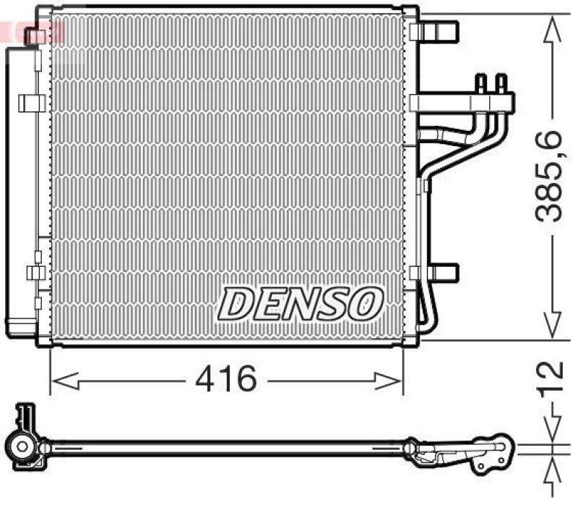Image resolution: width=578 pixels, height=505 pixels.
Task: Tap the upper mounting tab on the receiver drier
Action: point(32,103)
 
